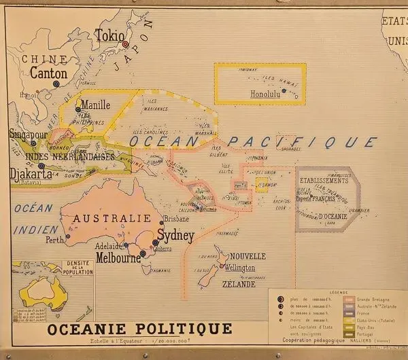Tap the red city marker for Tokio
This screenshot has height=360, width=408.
(125, 45)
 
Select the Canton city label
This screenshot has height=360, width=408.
(49, 73)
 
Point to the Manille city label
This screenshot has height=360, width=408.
(95, 106)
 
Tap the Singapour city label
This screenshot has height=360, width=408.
(27, 134)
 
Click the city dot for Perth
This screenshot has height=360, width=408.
(68, 237)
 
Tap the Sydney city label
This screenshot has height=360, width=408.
(175, 236)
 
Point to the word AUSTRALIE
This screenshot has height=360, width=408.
(112, 218)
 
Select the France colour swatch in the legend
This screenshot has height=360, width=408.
(349, 313)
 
